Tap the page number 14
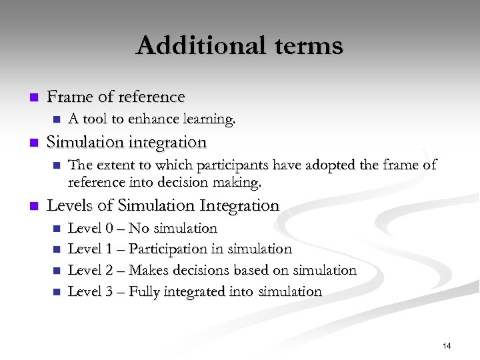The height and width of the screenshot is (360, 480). pos(447,345)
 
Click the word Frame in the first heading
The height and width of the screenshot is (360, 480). pos(70,97)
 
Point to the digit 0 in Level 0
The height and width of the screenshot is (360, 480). pos(109,228)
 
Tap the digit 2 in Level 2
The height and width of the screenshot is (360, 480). pos(109,270)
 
